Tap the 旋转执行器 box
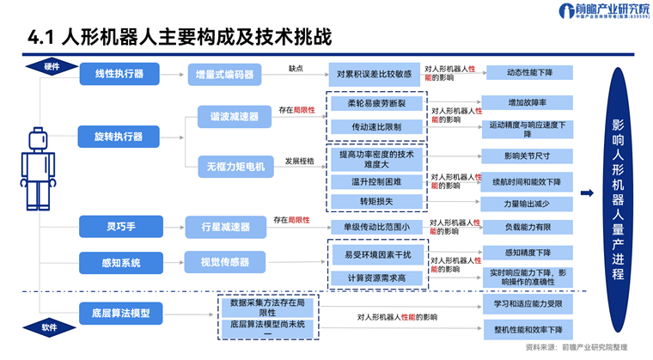(x=119, y=136)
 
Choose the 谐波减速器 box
(x=225, y=114)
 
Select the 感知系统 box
(x=118, y=261)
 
